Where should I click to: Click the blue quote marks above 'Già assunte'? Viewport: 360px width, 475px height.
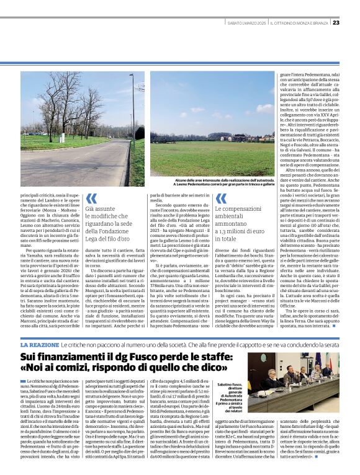pos(91,198)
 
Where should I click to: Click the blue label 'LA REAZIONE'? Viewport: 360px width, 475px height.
pos(40,344)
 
